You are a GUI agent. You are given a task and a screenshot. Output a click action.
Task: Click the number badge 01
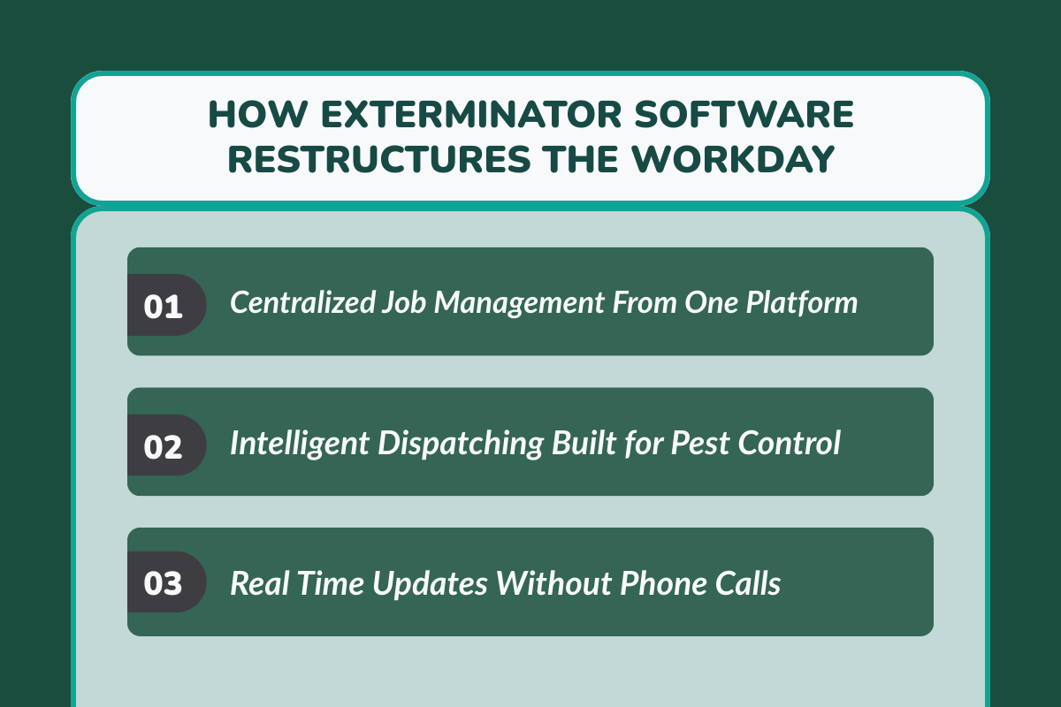(164, 305)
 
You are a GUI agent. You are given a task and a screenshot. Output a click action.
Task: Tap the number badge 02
(164, 445)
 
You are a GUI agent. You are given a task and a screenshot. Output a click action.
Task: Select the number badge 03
(164, 585)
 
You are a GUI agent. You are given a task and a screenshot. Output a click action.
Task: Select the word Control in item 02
(790, 444)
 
